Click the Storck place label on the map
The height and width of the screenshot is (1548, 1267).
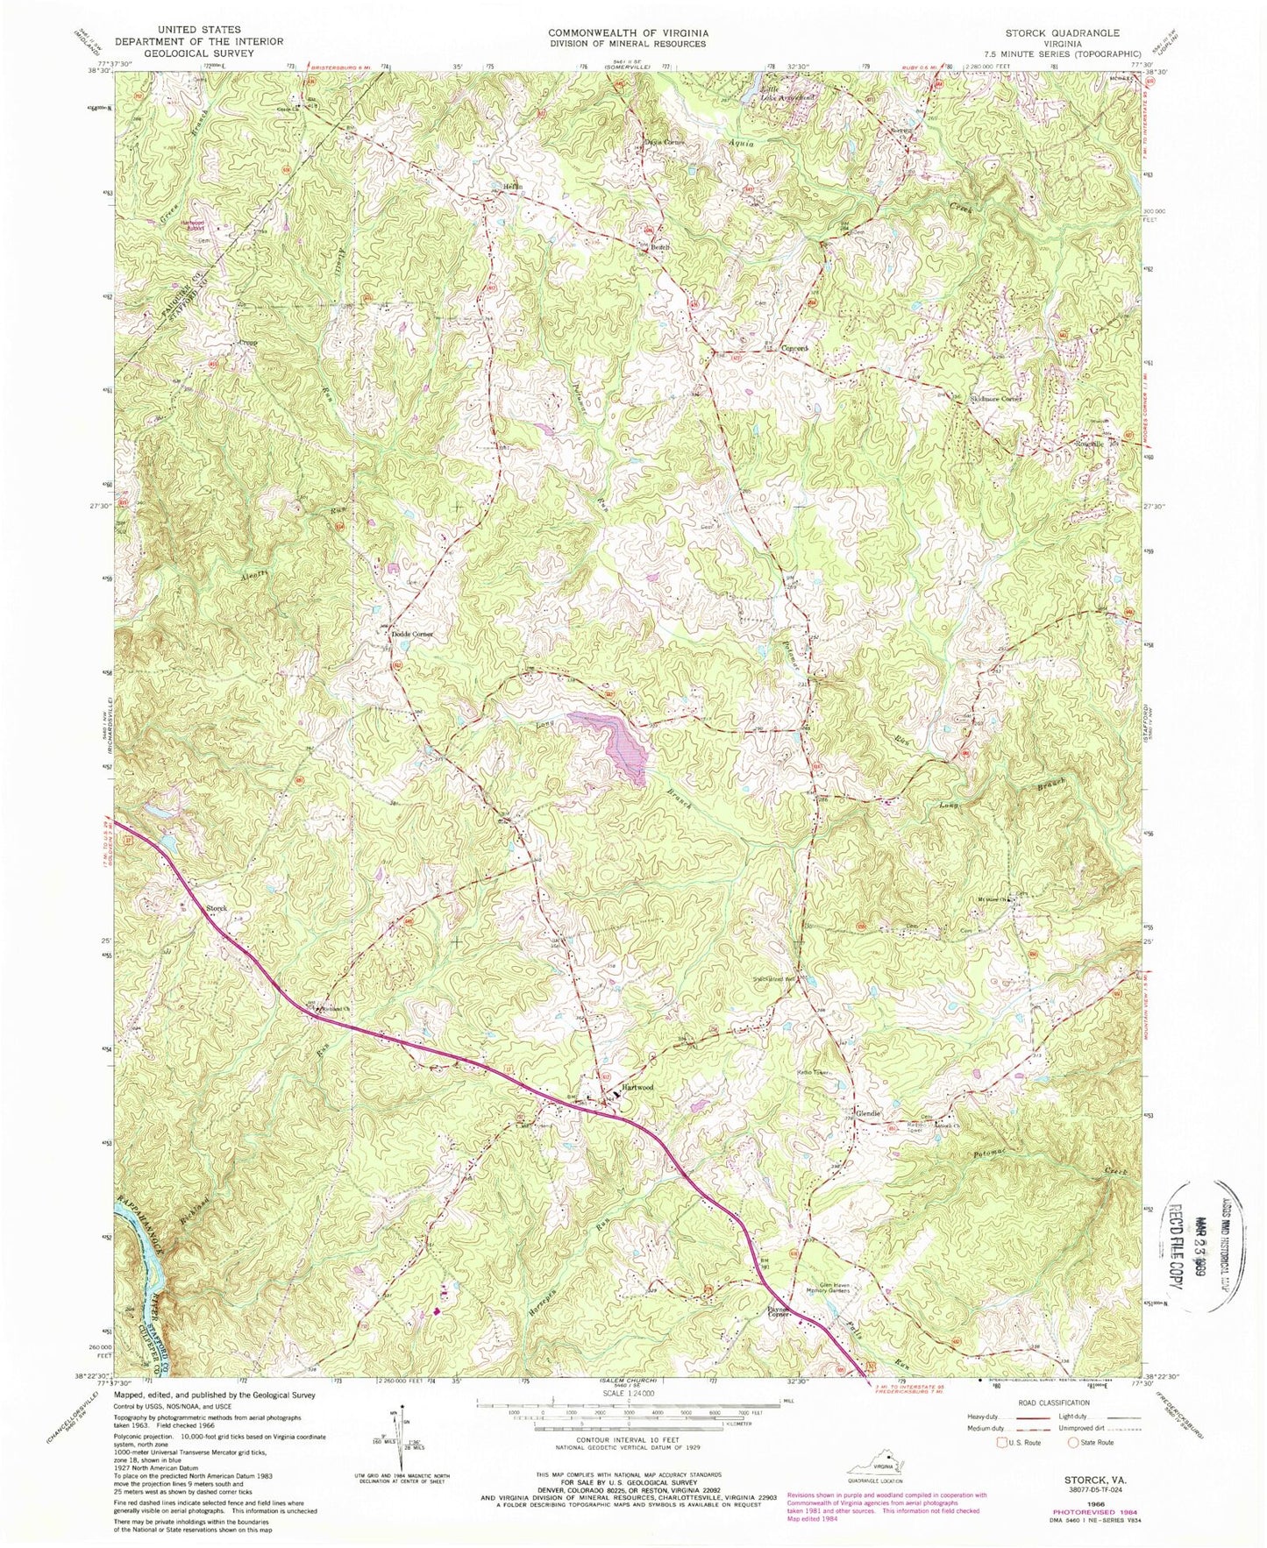217,909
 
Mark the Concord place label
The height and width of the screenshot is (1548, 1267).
794,348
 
